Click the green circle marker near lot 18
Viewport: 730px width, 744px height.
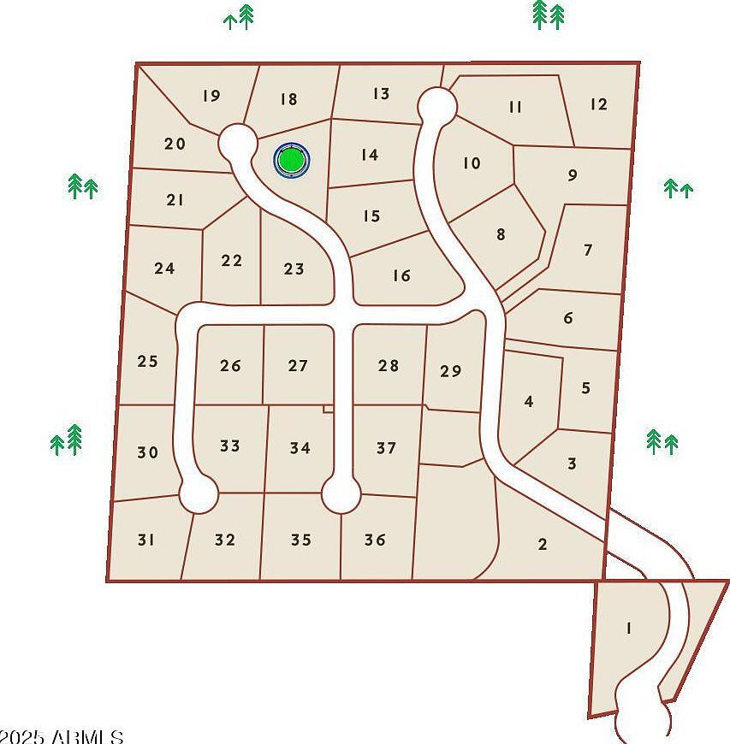click(291, 160)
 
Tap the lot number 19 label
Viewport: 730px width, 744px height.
click(211, 96)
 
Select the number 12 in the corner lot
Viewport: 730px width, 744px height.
click(598, 104)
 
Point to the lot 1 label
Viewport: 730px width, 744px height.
click(629, 629)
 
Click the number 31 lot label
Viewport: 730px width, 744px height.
click(146, 540)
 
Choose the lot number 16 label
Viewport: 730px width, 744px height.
click(401, 275)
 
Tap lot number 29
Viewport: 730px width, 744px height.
click(450, 371)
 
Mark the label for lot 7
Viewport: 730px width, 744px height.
click(588, 251)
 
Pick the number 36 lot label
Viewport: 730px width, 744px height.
click(375, 540)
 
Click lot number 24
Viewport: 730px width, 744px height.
click(164, 269)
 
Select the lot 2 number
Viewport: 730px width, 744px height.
click(543, 544)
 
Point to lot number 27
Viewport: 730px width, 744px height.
click(298, 366)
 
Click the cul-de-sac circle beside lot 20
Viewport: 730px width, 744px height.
click(237, 142)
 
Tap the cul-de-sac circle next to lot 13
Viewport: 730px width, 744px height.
click(436, 105)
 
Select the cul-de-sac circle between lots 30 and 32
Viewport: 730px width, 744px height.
click(199, 493)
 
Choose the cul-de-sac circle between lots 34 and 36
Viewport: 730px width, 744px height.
click(341, 494)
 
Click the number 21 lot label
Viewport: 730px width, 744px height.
click(175, 200)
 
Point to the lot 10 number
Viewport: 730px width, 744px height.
click(472, 162)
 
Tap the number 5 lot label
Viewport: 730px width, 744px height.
click(585, 388)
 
